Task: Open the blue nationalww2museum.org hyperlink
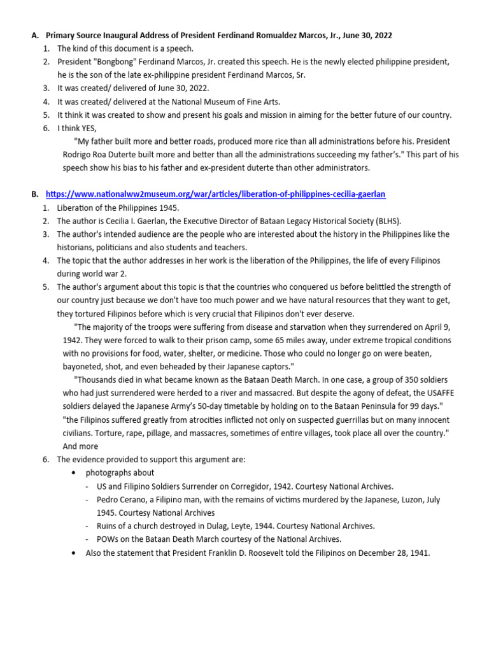[215, 194]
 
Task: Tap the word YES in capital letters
[95, 128]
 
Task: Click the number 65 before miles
[253, 340]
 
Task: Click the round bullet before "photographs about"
[74, 473]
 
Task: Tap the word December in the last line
[368, 553]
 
